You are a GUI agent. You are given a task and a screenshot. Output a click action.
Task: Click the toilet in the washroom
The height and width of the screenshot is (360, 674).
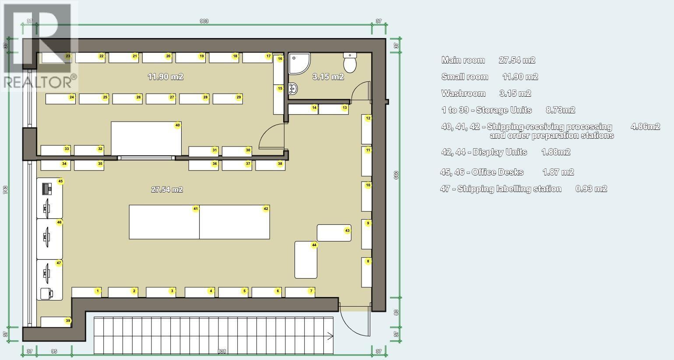point(350,63)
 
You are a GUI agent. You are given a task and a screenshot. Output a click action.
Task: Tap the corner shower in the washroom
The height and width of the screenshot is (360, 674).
point(299,63)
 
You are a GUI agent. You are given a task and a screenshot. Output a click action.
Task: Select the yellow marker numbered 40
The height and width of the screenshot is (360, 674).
point(178,125)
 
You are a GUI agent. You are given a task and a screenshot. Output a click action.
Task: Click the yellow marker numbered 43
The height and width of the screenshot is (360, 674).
point(347,231)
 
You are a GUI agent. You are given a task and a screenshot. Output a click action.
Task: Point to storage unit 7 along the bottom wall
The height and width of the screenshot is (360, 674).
point(300,292)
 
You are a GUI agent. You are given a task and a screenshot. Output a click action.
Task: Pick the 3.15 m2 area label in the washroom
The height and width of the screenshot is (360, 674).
point(328,77)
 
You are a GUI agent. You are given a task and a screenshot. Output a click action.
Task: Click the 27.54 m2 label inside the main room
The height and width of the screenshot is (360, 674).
point(167,189)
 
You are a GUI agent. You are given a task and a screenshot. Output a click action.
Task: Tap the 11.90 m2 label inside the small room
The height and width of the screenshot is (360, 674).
point(165,77)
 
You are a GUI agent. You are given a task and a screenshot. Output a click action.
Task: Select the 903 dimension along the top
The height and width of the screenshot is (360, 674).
point(204,21)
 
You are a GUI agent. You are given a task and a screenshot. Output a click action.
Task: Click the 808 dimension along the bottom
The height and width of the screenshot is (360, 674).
point(222,351)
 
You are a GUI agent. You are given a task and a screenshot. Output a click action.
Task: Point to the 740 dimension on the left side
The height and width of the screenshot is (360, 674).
point(5,189)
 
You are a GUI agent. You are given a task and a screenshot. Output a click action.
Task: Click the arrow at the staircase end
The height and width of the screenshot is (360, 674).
point(330,336)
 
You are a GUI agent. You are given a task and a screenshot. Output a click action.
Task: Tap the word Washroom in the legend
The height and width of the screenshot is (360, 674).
point(463,94)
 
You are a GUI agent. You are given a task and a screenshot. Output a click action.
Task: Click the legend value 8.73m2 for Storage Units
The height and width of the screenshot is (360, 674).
point(561,110)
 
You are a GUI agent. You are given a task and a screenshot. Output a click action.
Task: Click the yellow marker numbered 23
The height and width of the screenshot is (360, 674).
point(68,56)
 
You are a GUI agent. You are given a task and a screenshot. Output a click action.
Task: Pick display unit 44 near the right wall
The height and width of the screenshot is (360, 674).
point(305,260)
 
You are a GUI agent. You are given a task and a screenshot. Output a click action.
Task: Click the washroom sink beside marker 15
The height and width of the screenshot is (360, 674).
point(292,89)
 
